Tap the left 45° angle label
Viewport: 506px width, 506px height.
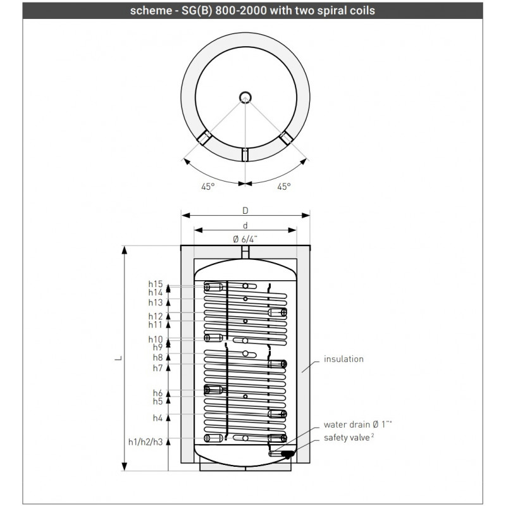coord(208,187)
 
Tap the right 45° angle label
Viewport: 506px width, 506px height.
coord(284,187)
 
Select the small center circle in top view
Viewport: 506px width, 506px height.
coord(245,97)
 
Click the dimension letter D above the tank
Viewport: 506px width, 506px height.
coord(245,211)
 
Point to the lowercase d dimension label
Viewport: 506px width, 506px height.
coord(245,226)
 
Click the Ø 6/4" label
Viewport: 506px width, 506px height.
coord(245,239)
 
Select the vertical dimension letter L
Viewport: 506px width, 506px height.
coord(119,358)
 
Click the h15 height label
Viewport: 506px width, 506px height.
coord(156,284)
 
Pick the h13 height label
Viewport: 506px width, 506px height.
coord(156,302)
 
